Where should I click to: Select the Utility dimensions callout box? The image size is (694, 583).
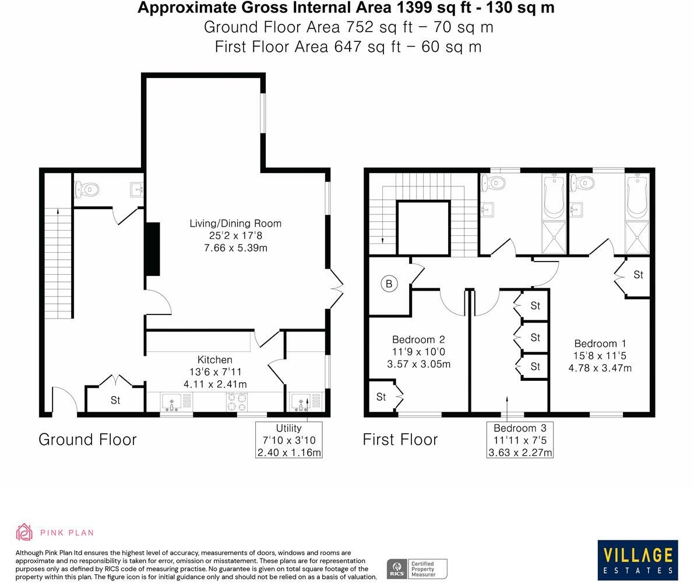pyautogui.click(x=288, y=440)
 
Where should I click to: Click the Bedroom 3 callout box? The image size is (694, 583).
pyautogui.click(x=520, y=440)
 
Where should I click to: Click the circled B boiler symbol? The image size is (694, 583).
pyautogui.click(x=389, y=284)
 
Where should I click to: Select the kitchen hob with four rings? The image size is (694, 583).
pyautogui.click(x=237, y=401)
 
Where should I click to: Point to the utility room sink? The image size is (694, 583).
pyautogui.click(x=301, y=401)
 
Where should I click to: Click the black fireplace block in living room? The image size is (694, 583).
pyautogui.click(x=152, y=249)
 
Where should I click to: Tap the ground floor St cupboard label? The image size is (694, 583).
pyautogui.click(x=115, y=400)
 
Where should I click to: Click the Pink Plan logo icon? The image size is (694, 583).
pyautogui.click(x=24, y=532)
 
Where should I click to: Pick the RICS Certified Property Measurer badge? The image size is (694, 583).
pyautogui.click(x=417, y=568)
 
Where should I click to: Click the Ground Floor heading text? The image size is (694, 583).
pyautogui.click(x=87, y=439)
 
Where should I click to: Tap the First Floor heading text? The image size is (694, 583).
pyautogui.click(x=400, y=439)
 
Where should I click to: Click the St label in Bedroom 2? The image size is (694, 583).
pyautogui.click(x=381, y=397)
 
